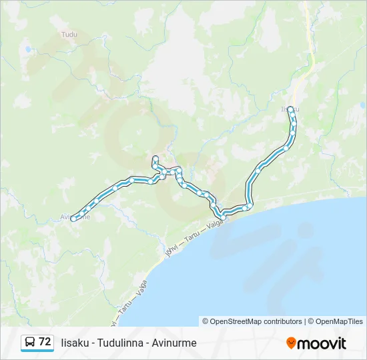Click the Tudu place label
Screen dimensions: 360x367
point(69,34)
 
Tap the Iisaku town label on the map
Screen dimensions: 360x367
point(288,109)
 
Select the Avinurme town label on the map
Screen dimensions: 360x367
point(74,217)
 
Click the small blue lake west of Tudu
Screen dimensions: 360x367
point(28,49)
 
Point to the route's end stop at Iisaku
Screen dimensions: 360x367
point(290,108)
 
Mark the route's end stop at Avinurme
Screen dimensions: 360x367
point(73,217)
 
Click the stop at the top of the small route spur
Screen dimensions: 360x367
point(155,158)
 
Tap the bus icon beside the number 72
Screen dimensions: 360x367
point(30,342)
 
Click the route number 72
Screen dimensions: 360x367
point(45,341)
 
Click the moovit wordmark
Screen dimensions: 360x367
point(322,343)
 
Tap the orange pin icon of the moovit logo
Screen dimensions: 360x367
point(291,343)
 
